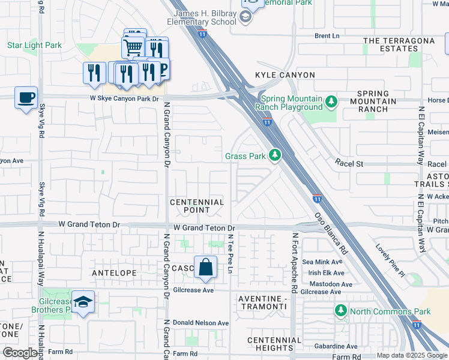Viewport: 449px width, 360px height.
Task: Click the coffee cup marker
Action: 26,98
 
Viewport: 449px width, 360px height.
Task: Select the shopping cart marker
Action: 133,47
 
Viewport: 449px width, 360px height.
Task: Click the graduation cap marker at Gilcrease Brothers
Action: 83,303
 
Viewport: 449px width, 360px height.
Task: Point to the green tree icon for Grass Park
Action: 275,156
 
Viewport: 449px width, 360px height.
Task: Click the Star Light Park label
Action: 34,45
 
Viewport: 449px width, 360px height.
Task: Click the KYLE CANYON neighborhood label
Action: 285,75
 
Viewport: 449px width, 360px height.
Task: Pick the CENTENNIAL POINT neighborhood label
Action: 197,206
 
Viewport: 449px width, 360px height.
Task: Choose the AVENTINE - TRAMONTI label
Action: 262,302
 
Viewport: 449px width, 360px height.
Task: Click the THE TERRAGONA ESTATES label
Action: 399,45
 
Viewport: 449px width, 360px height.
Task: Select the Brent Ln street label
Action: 327,36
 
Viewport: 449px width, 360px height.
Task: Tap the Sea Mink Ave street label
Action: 322,262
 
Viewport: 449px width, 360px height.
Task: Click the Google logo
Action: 20,353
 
